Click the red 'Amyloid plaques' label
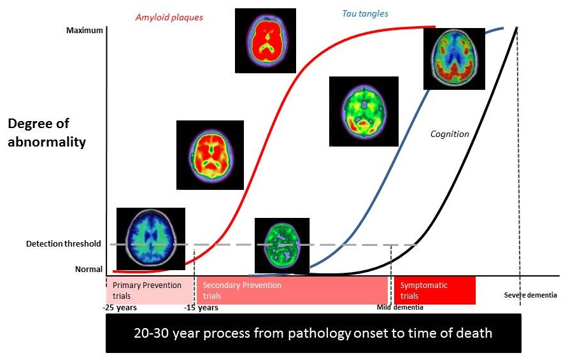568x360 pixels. [169, 17]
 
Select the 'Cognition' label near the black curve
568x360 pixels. [450, 134]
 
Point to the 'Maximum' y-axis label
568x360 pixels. [84, 30]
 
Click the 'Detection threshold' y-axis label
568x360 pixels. [64, 243]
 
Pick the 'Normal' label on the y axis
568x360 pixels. [89, 270]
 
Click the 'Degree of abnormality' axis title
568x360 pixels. [46, 133]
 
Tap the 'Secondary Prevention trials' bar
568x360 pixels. [292, 291]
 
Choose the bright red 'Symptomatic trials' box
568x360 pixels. [434, 291]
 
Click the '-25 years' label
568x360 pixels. [120, 308]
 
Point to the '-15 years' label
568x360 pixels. [201, 308]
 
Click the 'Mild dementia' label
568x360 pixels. [400, 307]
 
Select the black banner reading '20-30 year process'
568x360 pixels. [313, 333]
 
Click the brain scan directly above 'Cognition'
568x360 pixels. [454, 59]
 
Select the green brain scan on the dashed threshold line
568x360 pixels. [281, 245]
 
